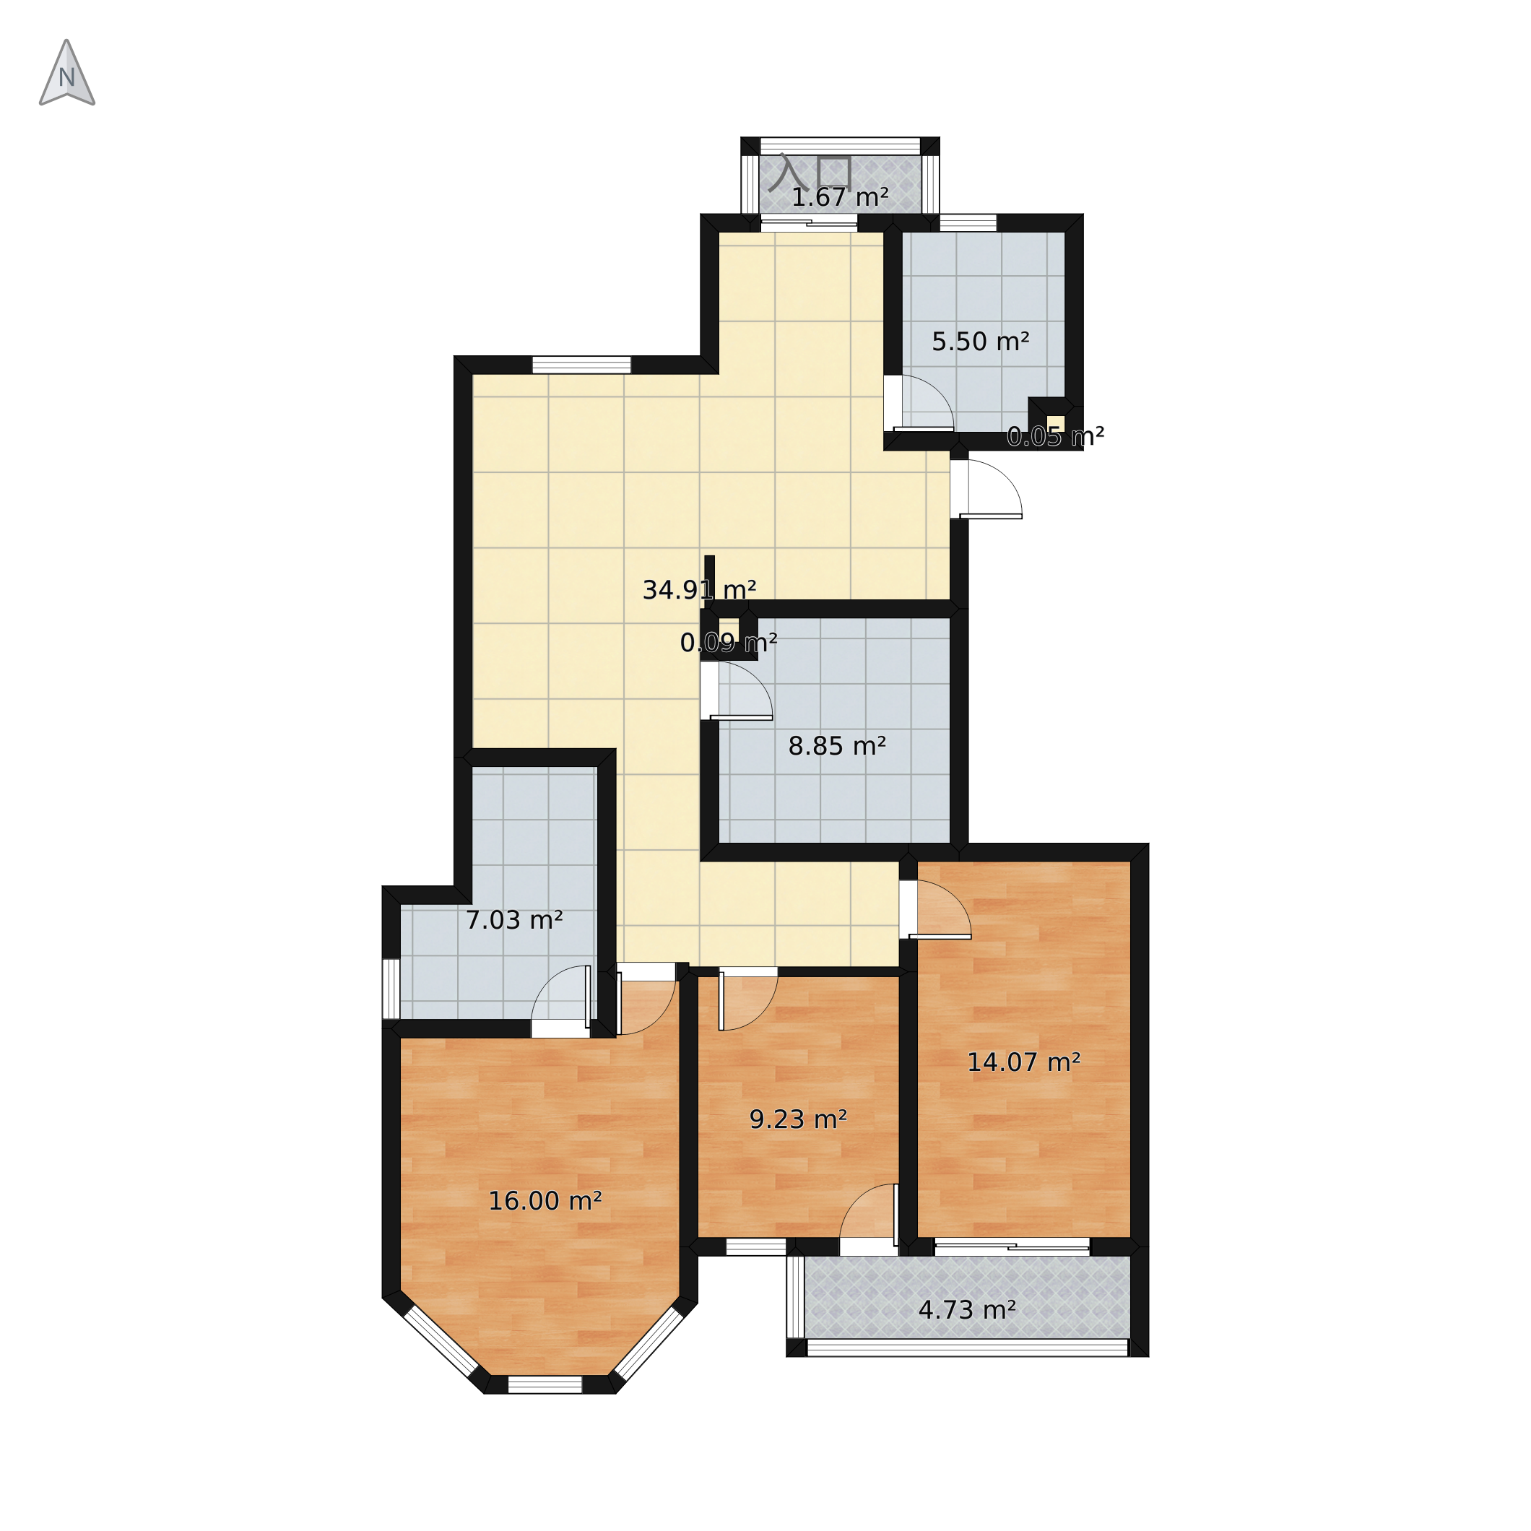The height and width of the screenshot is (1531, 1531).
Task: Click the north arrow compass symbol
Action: (x=67, y=73)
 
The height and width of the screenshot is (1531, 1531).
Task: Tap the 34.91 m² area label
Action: (x=699, y=590)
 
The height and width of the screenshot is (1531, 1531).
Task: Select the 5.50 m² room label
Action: (x=980, y=342)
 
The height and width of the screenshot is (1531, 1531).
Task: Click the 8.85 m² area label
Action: (x=837, y=746)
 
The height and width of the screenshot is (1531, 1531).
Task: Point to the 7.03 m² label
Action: (x=513, y=920)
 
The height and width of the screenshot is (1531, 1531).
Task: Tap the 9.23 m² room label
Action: (x=798, y=1119)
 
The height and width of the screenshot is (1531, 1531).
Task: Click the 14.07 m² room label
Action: (x=1024, y=1062)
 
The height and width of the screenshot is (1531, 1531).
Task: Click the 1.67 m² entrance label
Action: (x=840, y=197)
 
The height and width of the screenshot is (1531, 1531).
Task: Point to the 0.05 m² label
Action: (x=1056, y=436)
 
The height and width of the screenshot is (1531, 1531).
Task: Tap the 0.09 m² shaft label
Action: (x=728, y=642)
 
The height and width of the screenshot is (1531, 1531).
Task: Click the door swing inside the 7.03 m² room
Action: (x=561, y=997)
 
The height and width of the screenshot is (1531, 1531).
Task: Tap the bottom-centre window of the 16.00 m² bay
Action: (x=545, y=1384)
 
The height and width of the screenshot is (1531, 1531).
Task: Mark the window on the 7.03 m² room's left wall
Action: (x=391, y=988)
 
